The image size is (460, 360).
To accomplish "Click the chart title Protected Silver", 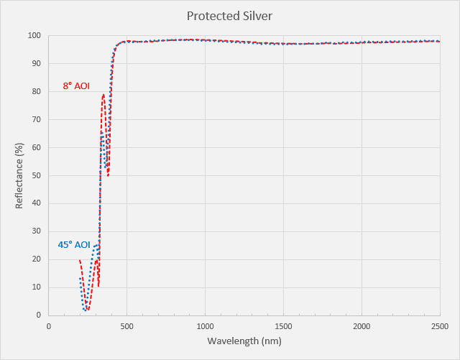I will tap(230, 15).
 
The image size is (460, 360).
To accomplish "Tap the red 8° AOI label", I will tap(76, 86).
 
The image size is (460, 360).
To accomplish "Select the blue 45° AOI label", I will tap(74, 245).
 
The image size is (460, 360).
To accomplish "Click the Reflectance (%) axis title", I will tap(19, 175).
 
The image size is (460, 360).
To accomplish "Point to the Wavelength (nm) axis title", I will tap(244, 340).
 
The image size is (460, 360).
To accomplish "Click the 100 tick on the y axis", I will tap(34, 35).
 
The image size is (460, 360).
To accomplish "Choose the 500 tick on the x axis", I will tap(127, 325).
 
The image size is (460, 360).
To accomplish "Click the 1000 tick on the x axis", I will tap(206, 325).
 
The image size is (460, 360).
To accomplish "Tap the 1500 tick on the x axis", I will tap(284, 325).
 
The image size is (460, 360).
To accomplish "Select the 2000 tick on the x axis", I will tap(362, 325).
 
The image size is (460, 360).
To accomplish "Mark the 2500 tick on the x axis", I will tap(440, 325).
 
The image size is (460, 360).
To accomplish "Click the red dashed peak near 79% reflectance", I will tap(103, 95).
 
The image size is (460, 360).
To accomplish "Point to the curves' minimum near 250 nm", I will tap(87, 309).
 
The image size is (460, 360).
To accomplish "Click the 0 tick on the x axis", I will tap(49, 325).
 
